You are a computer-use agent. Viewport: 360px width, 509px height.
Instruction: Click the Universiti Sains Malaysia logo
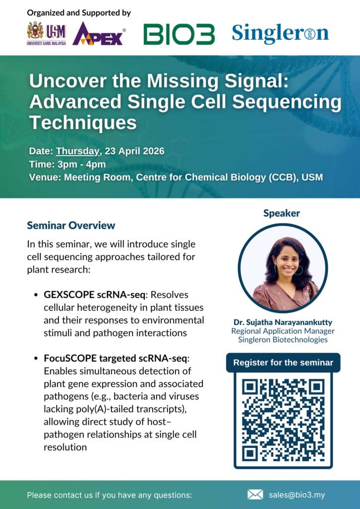(47, 34)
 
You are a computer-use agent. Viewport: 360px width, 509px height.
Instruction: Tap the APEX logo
(98, 33)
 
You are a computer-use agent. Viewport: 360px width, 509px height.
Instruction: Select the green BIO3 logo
(179, 34)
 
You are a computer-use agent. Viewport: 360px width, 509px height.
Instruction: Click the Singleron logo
(280, 33)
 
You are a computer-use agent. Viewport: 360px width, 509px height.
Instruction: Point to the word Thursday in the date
(78, 151)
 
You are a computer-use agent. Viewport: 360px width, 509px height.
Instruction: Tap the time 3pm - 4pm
(82, 164)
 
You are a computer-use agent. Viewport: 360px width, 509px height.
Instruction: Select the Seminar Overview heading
(71, 225)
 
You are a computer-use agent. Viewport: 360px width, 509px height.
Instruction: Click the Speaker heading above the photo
(281, 213)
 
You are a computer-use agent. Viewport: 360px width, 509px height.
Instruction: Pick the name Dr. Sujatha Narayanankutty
(283, 323)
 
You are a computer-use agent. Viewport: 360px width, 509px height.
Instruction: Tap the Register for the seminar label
(283, 362)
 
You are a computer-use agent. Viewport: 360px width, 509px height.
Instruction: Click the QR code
(283, 420)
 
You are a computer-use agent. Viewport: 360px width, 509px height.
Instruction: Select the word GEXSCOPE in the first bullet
(70, 295)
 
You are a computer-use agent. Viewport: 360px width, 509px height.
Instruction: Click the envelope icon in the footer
(255, 495)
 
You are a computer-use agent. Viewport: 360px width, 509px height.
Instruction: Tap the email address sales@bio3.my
(297, 495)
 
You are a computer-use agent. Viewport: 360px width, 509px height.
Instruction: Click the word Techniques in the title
(83, 123)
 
